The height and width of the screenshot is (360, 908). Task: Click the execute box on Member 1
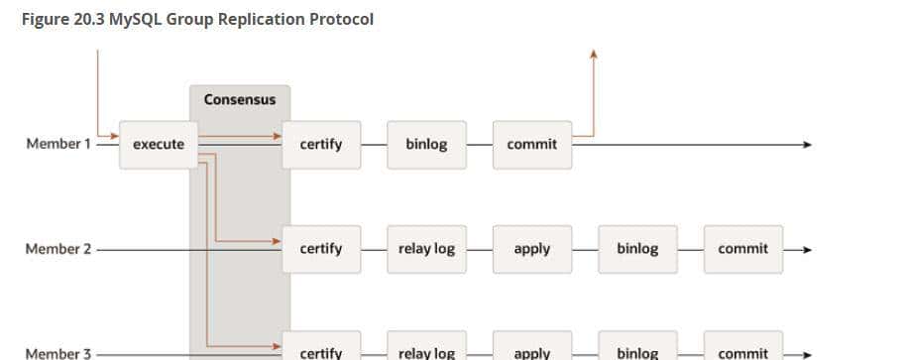point(159,145)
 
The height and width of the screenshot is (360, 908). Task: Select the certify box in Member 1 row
point(321,145)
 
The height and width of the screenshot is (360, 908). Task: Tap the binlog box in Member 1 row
point(426,145)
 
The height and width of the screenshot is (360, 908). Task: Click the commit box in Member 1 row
point(532,145)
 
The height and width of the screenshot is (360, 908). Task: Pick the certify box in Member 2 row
point(321,249)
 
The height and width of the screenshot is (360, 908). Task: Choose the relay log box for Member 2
point(426,249)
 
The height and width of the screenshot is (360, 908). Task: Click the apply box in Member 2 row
point(532,249)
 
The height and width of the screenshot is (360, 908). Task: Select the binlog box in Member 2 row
point(637,249)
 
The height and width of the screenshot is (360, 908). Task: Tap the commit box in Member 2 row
point(743,249)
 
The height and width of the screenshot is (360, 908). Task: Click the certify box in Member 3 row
point(321,351)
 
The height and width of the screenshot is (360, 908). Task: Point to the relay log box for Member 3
point(426,351)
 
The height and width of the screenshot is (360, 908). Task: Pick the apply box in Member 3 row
point(532,351)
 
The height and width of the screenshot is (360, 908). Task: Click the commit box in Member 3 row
point(743,351)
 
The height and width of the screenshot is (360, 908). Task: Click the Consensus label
point(240,100)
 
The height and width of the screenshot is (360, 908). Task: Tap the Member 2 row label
point(57,249)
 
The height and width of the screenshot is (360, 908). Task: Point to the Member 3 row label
point(57,353)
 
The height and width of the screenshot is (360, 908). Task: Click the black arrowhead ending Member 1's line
point(807,145)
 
